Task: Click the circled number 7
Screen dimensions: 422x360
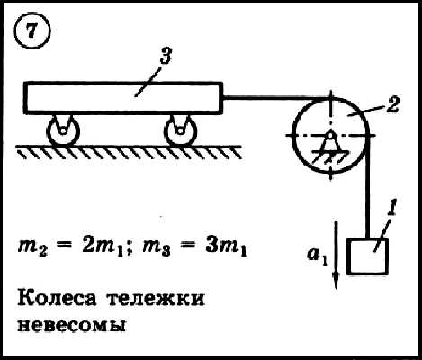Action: point(32,31)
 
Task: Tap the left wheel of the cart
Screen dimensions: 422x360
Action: point(63,131)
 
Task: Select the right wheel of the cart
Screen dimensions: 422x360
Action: point(181,131)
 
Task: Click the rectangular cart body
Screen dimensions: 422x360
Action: point(123,98)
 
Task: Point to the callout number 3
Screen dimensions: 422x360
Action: point(166,56)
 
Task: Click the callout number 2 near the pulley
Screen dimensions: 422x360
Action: point(392,104)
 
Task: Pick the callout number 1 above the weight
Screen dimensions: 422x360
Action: point(391,206)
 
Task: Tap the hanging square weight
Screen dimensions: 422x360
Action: point(367,256)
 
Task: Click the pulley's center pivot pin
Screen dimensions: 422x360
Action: point(330,136)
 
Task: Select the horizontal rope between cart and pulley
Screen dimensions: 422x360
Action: point(276,97)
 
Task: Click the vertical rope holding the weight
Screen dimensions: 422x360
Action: point(368,186)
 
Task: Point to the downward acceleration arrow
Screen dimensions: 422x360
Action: point(336,255)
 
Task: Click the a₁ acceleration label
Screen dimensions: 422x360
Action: point(318,257)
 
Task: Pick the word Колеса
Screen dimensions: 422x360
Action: point(58,298)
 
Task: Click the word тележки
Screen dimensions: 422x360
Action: point(156,299)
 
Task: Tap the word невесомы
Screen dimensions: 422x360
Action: point(71,325)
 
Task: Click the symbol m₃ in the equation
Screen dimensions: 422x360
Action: point(156,249)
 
